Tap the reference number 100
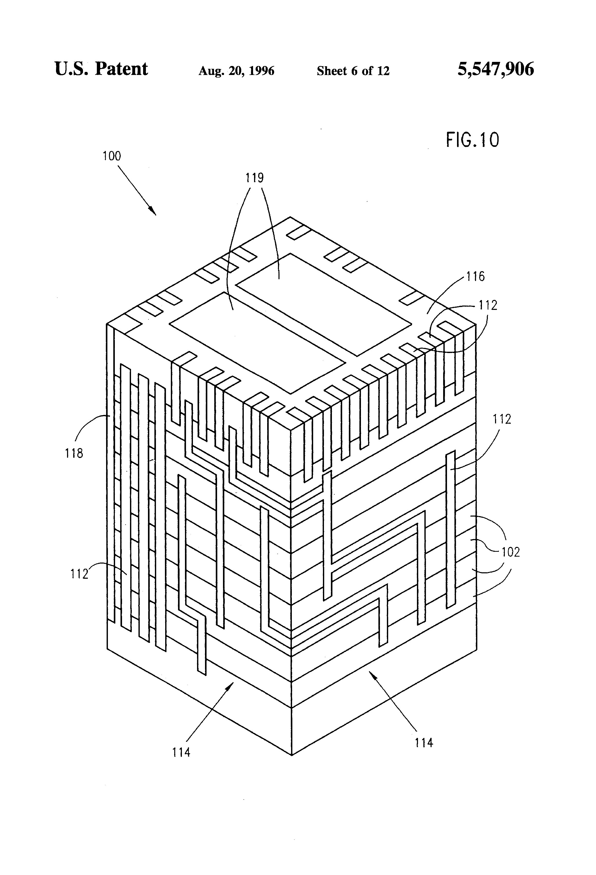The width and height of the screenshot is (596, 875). click(x=112, y=156)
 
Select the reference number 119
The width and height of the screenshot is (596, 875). click(x=255, y=178)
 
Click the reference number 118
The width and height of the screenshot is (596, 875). click(x=74, y=453)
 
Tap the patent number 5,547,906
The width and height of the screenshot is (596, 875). click(x=496, y=69)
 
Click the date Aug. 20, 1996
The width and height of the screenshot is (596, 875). click(x=237, y=71)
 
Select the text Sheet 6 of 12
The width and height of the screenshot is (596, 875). click(x=353, y=71)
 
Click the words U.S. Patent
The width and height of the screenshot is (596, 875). click(x=101, y=69)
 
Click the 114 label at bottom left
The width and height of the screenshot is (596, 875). click(x=181, y=752)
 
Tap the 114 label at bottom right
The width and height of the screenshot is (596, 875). click(x=424, y=743)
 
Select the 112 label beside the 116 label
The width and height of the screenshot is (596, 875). click(x=488, y=305)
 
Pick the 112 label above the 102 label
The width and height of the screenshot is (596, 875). click(x=502, y=419)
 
